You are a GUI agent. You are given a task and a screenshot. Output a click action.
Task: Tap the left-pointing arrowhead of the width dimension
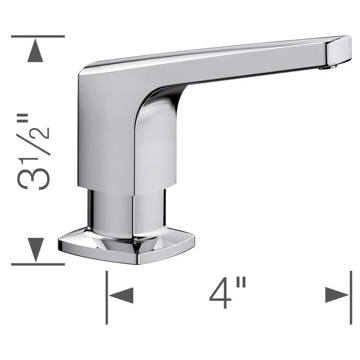pos(121,294)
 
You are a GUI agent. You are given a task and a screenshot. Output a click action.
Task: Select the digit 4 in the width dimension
pos(221,294)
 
